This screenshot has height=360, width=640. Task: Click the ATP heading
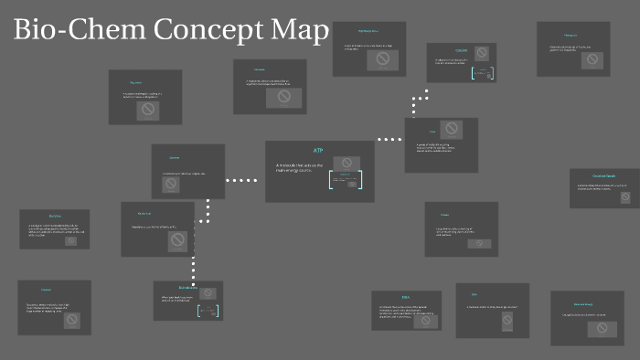pos(318,150)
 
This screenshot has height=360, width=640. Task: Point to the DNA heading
pos(406,297)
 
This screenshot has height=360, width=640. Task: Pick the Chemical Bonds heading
pos(604,175)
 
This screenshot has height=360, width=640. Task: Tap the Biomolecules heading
pos(187,288)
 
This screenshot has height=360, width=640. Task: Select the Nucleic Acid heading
pos(144,214)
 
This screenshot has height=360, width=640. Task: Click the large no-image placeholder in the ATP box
pos(347,163)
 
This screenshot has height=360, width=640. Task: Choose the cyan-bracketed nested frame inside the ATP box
pos(346,180)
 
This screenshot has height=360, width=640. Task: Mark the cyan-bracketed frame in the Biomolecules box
pos(209,311)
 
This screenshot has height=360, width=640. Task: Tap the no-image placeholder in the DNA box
pos(424,320)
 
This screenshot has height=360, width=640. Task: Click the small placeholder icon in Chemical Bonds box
pos(625,196)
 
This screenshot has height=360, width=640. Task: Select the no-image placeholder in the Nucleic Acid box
pos(177,240)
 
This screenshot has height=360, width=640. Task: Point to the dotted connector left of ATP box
pos(241,180)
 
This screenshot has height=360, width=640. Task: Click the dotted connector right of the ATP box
pos(389,140)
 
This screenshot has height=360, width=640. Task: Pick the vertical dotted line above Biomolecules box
pos(194,269)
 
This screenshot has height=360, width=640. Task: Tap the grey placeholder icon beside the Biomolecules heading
pos(208,293)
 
